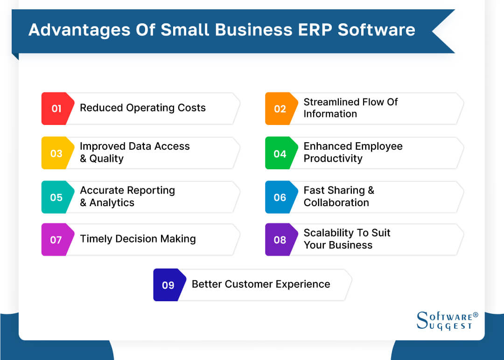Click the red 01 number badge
tap(56, 109)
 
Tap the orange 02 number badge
tap(280, 109)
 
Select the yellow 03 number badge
tap(56, 153)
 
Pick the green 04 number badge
tap(280, 153)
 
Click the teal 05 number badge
tap(56, 197)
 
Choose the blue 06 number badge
tap(280, 197)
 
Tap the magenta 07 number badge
tap(56, 240)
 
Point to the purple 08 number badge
tap(280, 240)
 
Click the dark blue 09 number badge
tap(168, 285)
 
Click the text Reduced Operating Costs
tap(143, 108)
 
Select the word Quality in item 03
tap(106, 159)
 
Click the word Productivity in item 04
tap(333, 159)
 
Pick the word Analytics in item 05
tap(112, 203)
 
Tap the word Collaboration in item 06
tap(336, 203)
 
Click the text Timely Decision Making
tap(138, 239)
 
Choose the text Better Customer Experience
tap(261, 284)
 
